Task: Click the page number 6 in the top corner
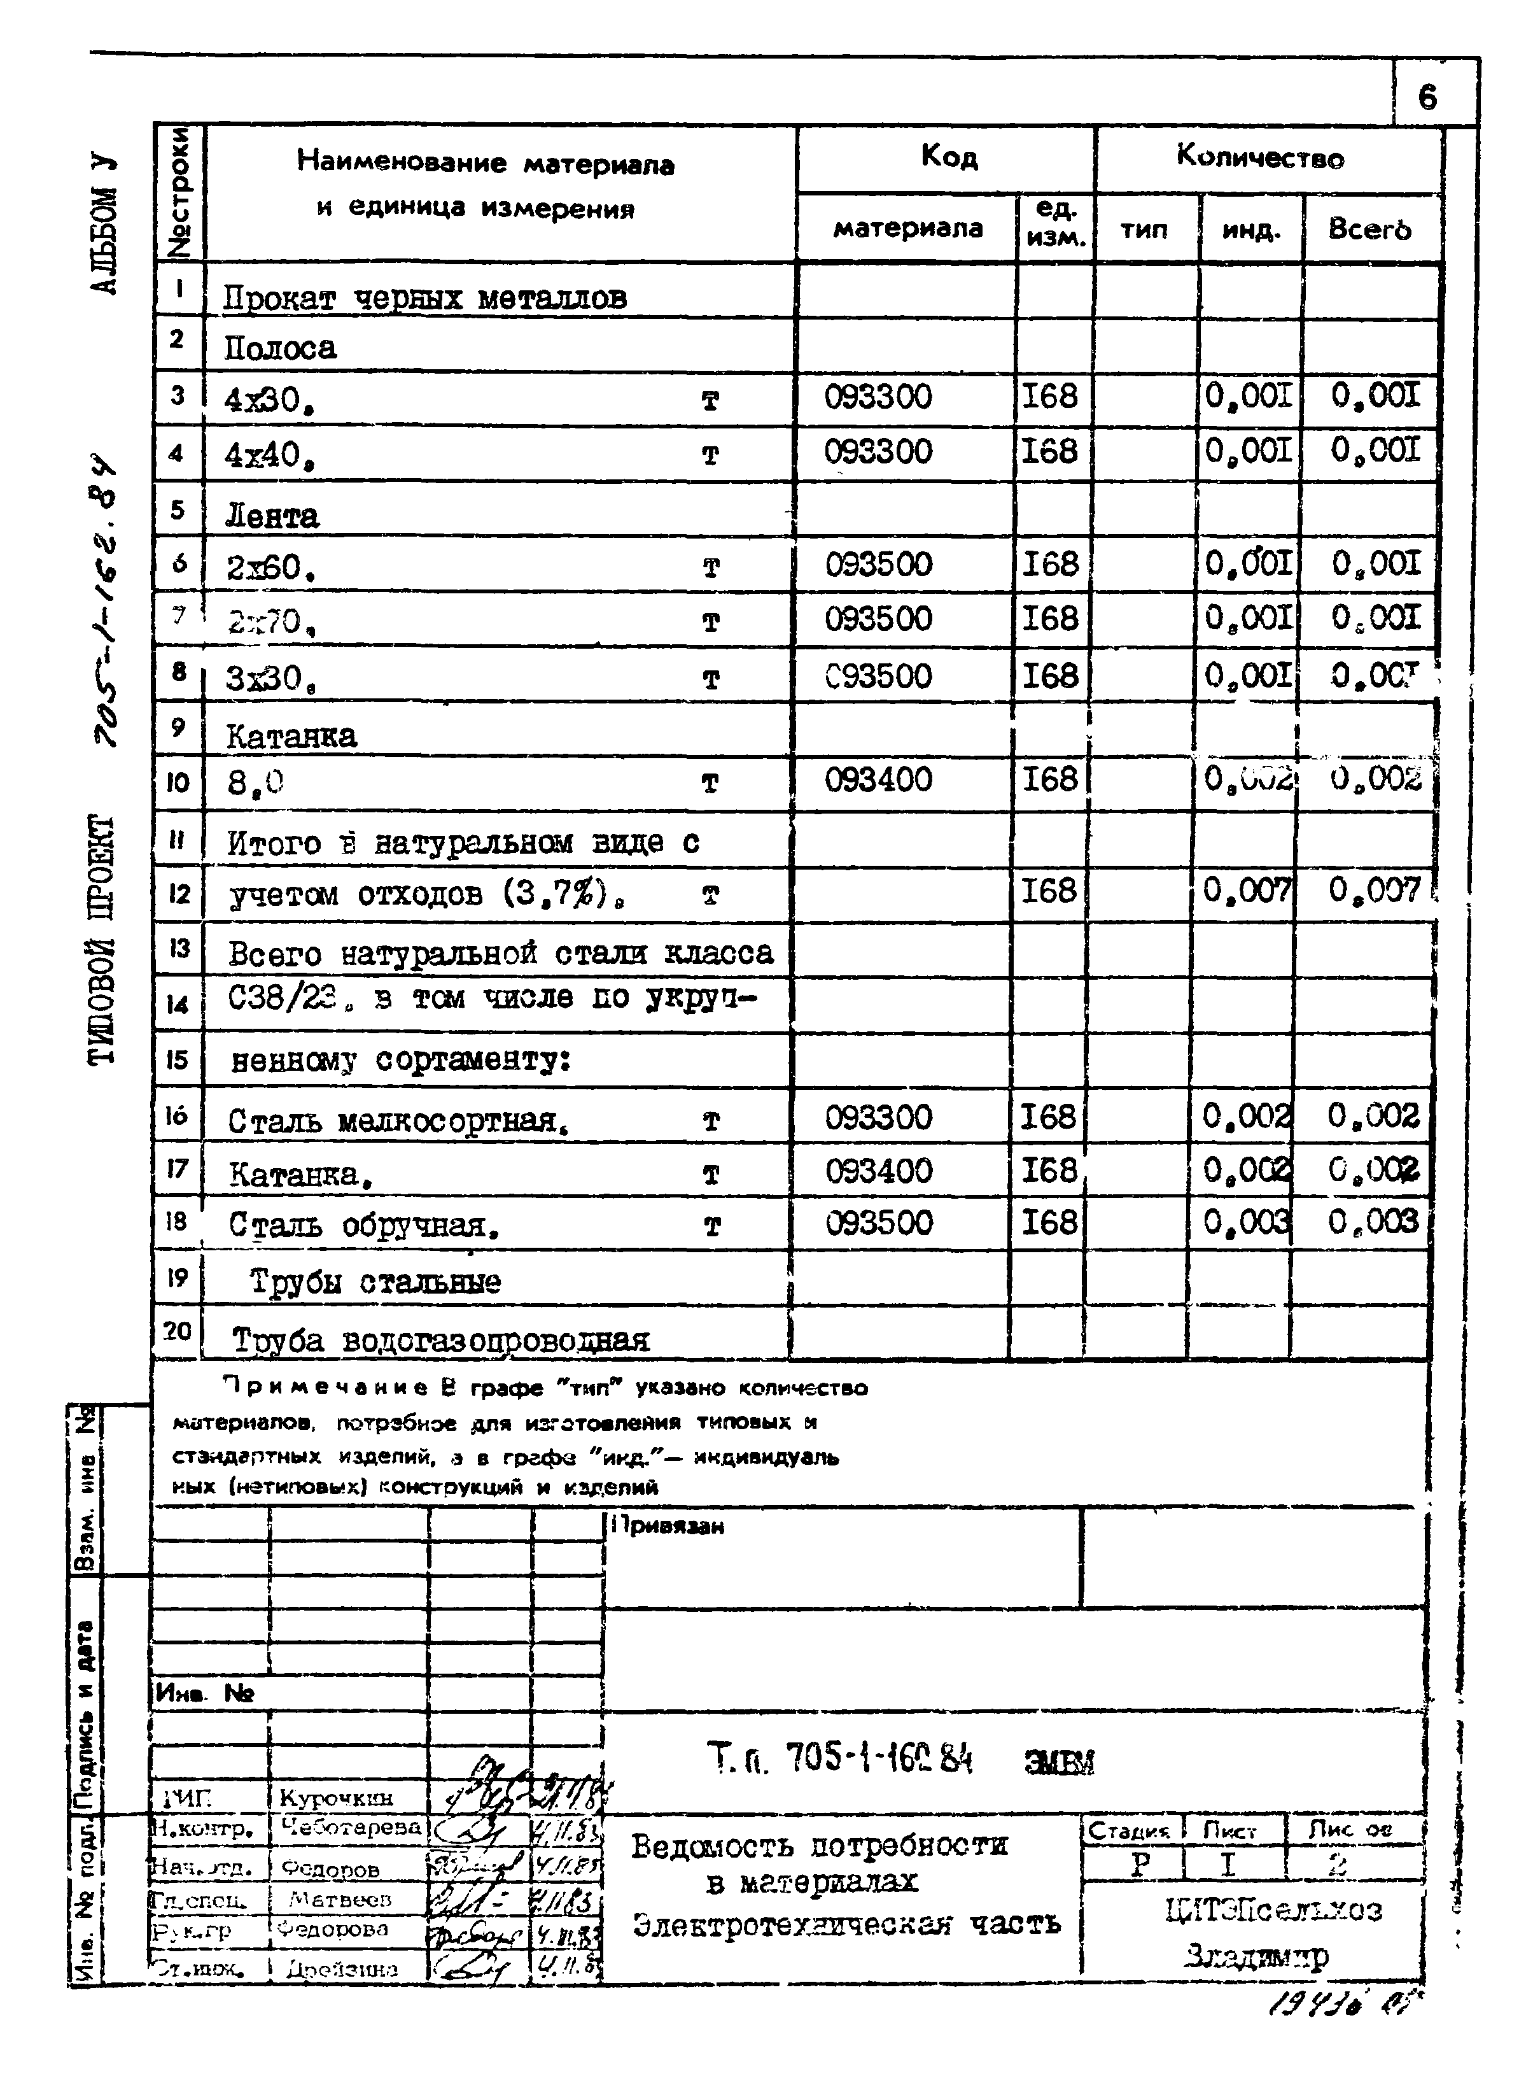click(x=1426, y=97)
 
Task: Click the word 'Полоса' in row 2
click(x=280, y=348)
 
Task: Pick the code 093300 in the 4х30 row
click(x=878, y=397)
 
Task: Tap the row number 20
click(x=178, y=1331)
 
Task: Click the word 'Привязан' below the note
click(x=669, y=1526)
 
